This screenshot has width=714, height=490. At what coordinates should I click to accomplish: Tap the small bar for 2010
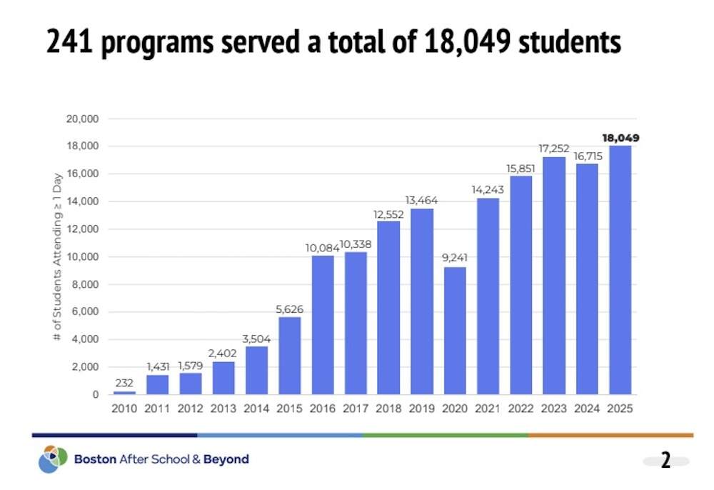(x=124, y=392)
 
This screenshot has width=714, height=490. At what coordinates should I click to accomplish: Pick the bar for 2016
(x=323, y=325)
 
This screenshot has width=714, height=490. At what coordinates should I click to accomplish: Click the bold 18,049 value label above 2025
(x=620, y=138)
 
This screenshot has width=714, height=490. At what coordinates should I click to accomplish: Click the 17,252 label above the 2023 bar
(x=554, y=148)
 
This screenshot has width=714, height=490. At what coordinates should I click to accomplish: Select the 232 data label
(x=124, y=382)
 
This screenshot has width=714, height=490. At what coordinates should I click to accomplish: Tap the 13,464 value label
(x=422, y=200)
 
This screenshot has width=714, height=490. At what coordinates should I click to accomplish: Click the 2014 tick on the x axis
(x=256, y=409)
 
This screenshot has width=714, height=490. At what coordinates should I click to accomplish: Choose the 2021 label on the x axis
(x=488, y=409)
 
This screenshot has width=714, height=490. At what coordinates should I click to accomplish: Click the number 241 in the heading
(x=71, y=44)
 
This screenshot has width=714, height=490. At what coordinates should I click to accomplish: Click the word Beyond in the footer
(x=226, y=459)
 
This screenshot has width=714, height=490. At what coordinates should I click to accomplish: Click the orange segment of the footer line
(x=610, y=434)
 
